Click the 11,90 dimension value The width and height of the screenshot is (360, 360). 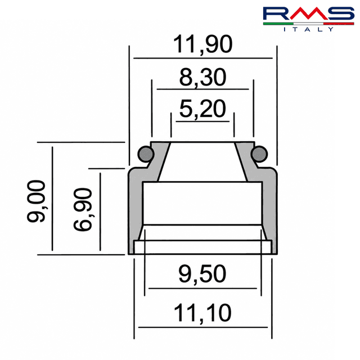(x=202, y=44)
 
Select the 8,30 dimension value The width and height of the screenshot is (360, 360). (x=202, y=78)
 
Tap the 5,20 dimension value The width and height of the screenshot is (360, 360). (x=202, y=109)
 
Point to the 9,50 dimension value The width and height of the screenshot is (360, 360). (x=202, y=274)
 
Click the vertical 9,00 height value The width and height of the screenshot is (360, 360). (x=37, y=201)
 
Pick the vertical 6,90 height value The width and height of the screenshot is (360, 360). (x=83, y=209)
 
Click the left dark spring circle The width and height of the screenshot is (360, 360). (x=146, y=154)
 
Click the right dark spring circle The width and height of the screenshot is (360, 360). (x=259, y=154)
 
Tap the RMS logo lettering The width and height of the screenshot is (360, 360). (x=309, y=13)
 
